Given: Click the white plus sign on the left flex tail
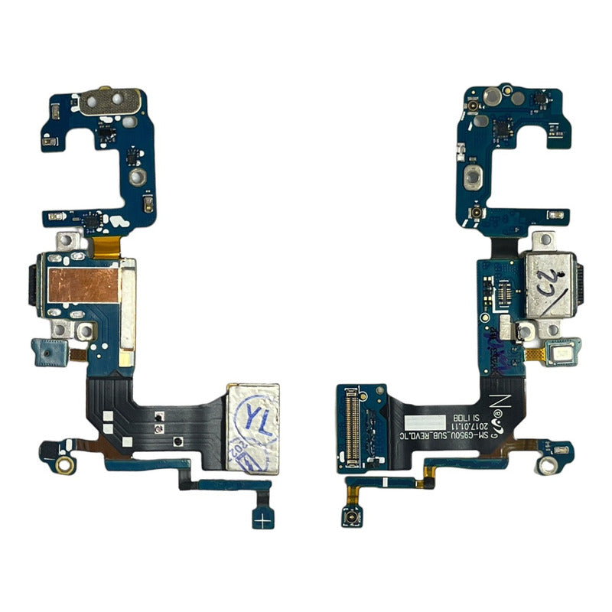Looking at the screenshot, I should click(264, 519).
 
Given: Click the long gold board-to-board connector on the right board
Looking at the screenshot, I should click(352, 428).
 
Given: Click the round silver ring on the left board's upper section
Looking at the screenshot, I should click(137, 177).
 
